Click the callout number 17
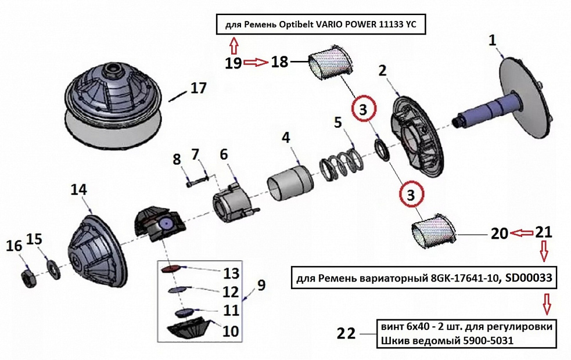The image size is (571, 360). pos(197,88)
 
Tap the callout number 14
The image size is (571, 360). pos(79,189)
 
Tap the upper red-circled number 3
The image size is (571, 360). pos(363,109)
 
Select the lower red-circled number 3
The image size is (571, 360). pos(411,195)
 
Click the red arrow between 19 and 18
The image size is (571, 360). pos(255,62)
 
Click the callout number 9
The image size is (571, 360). pos(261,285)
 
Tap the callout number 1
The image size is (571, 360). pos(493,40)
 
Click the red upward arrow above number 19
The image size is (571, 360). pos(234,45)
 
